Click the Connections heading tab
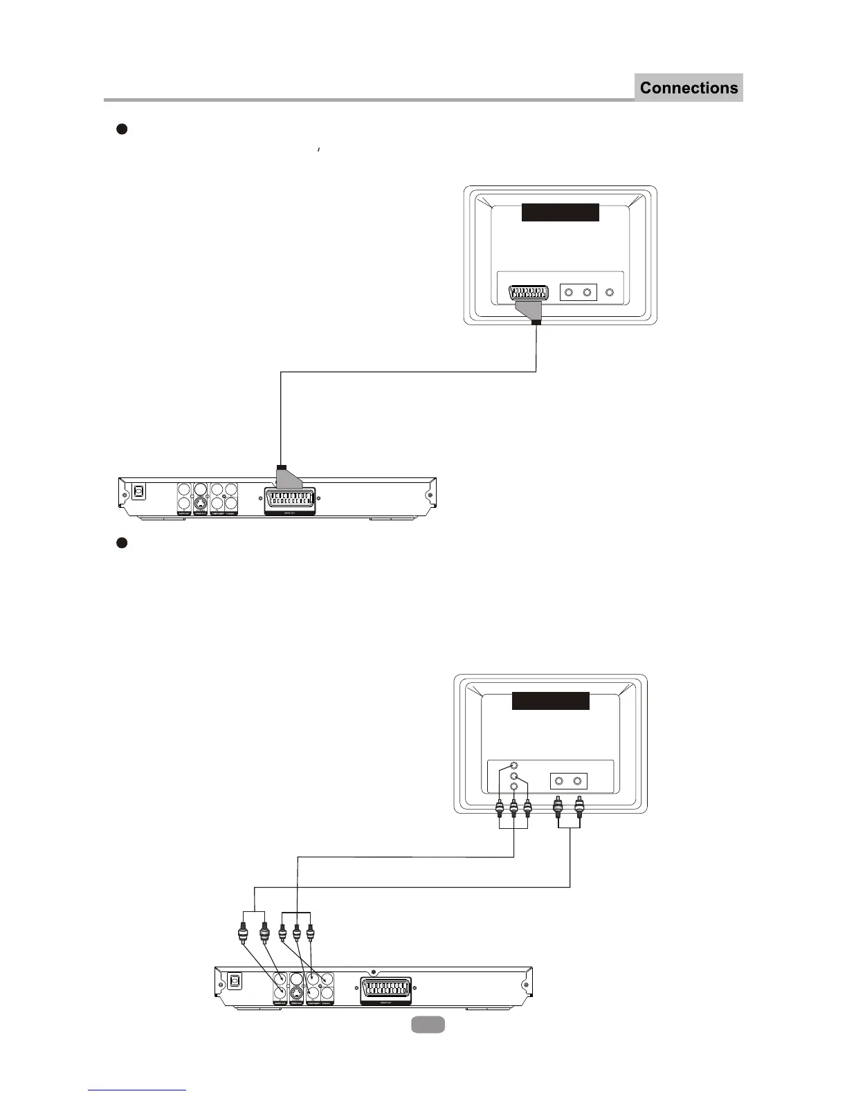coord(689,88)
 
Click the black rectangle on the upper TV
coord(560,212)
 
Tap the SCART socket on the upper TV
coord(532,293)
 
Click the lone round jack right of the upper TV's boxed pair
coord(610,292)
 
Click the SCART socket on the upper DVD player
coord(289,500)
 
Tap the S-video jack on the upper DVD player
coord(200,504)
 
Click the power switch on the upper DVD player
coord(138,491)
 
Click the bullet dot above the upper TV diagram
coord(120,129)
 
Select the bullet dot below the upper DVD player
coord(120,543)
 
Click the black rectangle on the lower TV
coord(550,701)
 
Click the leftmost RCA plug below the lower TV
coord(499,807)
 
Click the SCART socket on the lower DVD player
coord(386,992)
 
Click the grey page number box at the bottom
coord(428,1025)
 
